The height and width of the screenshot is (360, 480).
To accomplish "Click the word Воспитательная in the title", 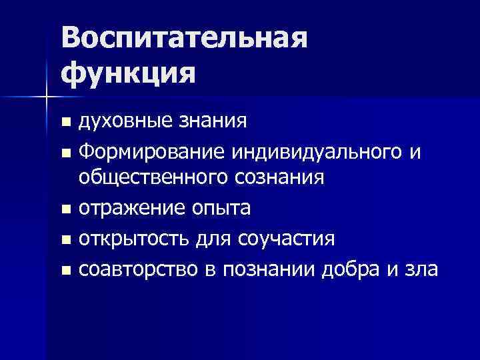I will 185,39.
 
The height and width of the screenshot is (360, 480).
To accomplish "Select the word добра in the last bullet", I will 357,270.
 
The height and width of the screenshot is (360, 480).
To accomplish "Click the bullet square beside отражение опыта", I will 65,210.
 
